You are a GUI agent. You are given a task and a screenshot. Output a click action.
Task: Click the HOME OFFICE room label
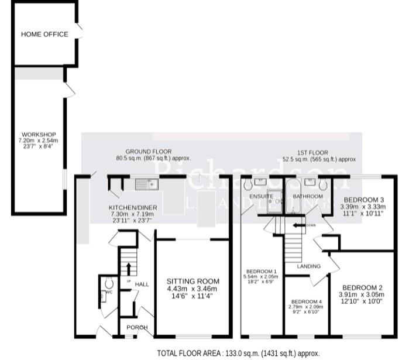[44, 35]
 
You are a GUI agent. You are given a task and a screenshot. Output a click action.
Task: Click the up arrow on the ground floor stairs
[128, 268]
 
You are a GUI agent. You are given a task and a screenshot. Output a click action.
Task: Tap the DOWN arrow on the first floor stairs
[301, 224]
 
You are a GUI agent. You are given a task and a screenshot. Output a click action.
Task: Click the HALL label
[142, 284]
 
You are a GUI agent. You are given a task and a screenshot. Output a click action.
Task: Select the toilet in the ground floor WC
[108, 283]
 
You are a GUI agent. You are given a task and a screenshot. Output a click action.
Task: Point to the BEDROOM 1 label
[261, 272]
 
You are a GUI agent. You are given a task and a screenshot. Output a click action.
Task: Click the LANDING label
[308, 266]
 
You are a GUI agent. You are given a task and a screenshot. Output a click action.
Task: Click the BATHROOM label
[308, 196]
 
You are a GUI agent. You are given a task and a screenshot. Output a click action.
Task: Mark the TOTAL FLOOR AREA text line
[238, 353]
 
